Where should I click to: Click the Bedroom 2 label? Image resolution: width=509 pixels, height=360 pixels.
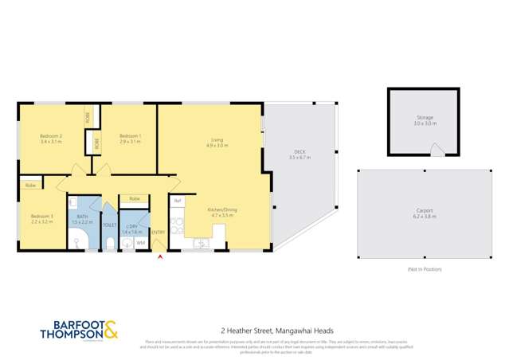(x=51, y=136)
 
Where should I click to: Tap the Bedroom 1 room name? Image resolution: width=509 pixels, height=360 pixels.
(x=130, y=136)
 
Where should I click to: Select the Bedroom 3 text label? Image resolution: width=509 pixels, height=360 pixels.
(x=41, y=217)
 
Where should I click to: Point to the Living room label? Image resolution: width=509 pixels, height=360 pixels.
(x=217, y=140)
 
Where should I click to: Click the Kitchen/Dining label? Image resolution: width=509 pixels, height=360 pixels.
(x=223, y=210)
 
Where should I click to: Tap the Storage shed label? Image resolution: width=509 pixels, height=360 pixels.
(x=425, y=118)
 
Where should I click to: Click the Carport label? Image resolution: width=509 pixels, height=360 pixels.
(x=425, y=213)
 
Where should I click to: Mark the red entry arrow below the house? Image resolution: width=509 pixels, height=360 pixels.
(x=161, y=256)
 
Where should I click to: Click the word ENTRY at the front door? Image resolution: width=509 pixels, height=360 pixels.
(x=159, y=232)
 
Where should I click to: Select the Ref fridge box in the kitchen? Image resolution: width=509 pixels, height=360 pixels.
(x=178, y=201)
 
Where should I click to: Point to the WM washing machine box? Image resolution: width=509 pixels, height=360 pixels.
(x=140, y=242)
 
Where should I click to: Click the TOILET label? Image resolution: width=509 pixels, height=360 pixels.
(x=109, y=226)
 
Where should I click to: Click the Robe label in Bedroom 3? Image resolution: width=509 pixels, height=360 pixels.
(x=29, y=186)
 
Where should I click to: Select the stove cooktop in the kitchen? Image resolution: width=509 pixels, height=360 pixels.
(x=178, y=226)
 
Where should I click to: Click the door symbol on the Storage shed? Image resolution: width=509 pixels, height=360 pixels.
(x=433, y=151)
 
